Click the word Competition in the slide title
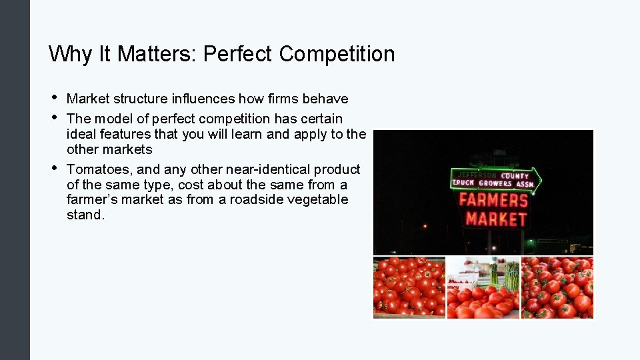tap(337, 54)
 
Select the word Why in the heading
tap(71, 54)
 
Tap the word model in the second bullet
tap(113, 119)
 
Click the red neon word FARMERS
tap(493, 199)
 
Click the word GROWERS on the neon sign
tap(495, 183)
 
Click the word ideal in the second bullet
tap(82, 134)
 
